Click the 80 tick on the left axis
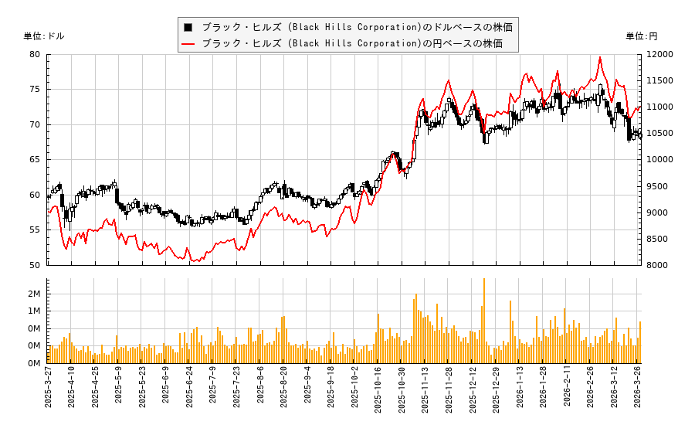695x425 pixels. tap(36, 54)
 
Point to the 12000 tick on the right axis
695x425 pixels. tap(658, 54)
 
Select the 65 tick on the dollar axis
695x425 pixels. tap(36, 160)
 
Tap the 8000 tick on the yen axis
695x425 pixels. tap(656, 265)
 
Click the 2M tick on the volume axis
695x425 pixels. tap(34, 294)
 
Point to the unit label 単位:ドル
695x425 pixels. tap(44, 36)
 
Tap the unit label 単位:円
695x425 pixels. tap(642, 36)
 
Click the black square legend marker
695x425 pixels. tap(188, 27)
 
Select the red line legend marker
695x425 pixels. tap(188, 43)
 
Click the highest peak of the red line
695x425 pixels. tap(600, 57)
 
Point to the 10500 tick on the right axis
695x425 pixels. tap(658, 134)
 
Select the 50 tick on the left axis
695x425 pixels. tap(36, 265)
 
